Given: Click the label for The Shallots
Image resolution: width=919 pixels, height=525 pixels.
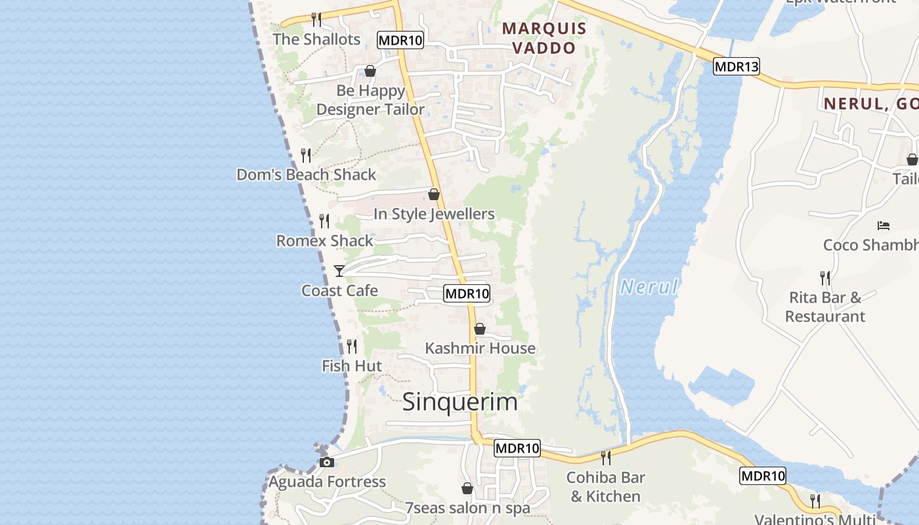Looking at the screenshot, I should click(316, 39).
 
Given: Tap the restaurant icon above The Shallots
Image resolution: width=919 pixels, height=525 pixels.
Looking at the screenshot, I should click(316, 19).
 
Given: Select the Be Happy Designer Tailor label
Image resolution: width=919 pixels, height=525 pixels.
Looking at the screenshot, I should click(370, 100).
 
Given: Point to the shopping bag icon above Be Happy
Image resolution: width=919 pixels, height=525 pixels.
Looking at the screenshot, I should click(370, 71).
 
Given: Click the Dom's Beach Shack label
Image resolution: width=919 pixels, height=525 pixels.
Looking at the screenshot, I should click(306, 175).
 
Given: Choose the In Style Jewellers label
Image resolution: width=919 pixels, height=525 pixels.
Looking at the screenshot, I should click(434, 214).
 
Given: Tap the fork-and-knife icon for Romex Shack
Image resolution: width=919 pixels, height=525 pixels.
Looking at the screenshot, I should click(324, 221).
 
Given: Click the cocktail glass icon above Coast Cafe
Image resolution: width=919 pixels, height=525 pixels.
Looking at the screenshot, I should click(339, 270).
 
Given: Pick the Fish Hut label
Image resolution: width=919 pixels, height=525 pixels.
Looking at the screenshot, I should click(352, 366).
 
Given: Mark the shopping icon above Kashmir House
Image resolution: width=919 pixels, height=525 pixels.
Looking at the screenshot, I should click(480, 329).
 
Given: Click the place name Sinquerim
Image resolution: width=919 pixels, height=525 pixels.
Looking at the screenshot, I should click(460, 402).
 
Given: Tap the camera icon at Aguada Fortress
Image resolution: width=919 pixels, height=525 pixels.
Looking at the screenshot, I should click(327, 462).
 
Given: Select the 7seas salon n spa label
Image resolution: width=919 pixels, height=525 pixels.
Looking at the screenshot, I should click(467, 508).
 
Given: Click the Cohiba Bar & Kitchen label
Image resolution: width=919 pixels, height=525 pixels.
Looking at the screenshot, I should click(605, 486).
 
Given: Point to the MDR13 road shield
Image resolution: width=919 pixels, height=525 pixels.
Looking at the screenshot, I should click(737, 66).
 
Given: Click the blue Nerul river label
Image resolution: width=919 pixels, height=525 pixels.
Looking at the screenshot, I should click(649, 287).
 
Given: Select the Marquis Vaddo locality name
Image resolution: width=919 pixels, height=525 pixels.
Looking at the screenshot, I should click(544, 38).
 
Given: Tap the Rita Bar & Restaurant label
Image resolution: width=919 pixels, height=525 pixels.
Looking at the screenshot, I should click(825, 306).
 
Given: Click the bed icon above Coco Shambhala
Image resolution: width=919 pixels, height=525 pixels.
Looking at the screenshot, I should click(884, 226).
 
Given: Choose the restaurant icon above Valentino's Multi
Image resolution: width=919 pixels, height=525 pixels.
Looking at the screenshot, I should click(815, 501).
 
